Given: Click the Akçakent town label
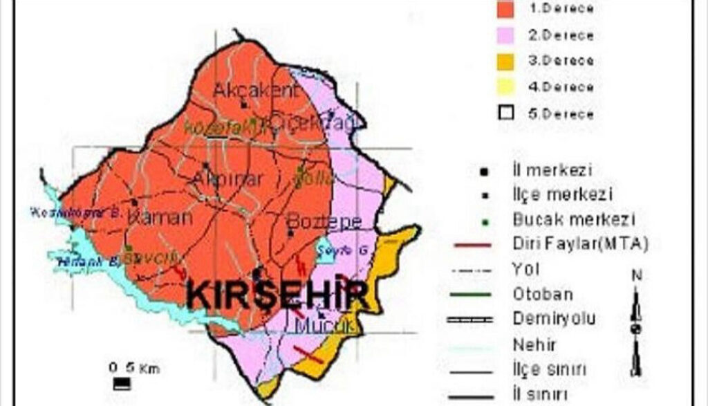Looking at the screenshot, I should (256, 91).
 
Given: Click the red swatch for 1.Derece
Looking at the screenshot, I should (507, 9).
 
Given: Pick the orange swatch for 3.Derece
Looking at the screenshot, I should (507, 62).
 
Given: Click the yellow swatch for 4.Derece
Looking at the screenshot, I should (507, 87).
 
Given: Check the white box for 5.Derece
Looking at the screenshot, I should (507, 113).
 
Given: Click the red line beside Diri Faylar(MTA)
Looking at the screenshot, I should (474, 244).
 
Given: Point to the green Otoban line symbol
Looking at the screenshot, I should (474, 295).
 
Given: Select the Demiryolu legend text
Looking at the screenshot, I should (554, 320).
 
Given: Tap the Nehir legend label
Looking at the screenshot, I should (534, 344).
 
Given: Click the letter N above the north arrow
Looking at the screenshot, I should (636, 275).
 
